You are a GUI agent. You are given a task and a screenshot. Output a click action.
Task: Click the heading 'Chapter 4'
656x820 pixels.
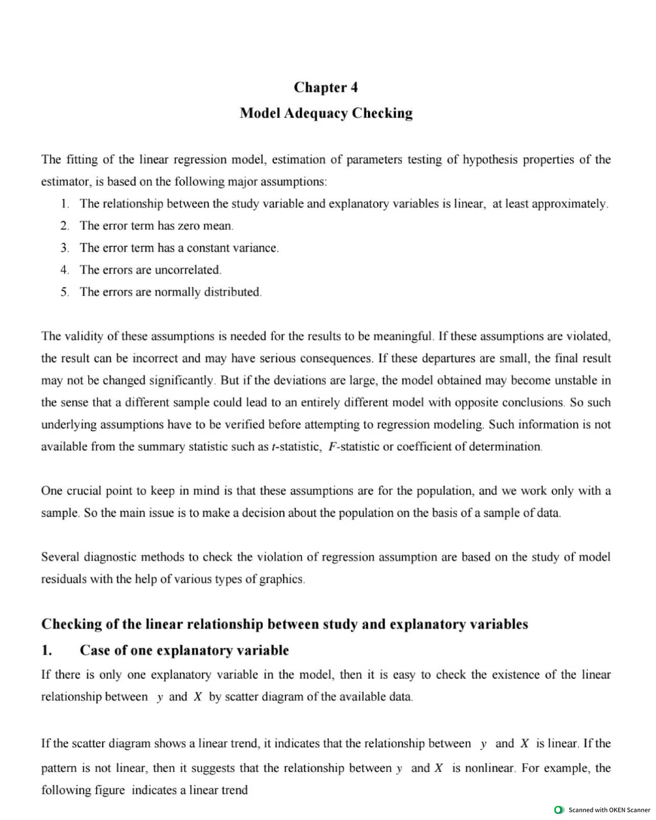coord(326,88)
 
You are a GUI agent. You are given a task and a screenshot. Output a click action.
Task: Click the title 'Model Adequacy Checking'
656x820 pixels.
coord(326,113)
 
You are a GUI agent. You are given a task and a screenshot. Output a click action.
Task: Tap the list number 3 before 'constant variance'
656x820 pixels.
coord(65,248)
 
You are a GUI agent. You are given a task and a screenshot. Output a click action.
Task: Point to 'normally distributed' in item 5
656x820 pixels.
coord(207,292)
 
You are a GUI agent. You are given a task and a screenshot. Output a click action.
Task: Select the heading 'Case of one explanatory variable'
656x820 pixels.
coord(184,650)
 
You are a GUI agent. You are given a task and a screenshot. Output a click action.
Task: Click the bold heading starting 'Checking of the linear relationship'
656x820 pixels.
coord(285,624)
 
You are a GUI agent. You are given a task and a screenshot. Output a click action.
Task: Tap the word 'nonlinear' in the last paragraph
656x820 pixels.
coord(489,768)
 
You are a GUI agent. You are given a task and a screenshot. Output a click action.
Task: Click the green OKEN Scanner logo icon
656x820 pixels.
coord(559,810)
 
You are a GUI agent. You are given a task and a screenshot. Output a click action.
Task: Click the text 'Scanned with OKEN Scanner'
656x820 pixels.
coord(609,810)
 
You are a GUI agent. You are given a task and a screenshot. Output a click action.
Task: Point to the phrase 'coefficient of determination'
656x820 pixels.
coord(469,447)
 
